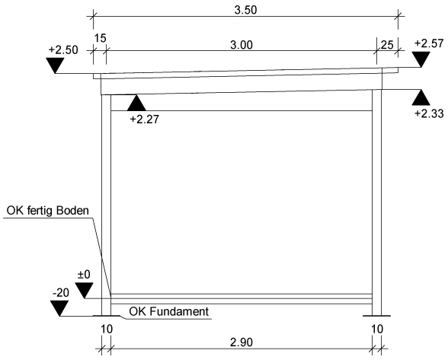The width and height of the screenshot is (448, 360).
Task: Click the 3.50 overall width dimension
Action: [245, 10]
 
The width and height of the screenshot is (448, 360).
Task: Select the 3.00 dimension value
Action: [242, 45]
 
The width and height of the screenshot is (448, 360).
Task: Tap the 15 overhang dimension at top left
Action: [100, 38]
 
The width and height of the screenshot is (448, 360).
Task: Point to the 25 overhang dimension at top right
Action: [387, 45]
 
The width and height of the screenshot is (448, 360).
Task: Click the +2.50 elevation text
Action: [63, 50]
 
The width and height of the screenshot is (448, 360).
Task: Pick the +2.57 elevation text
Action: [429, 43]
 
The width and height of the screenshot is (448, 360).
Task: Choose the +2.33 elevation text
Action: [429, 113]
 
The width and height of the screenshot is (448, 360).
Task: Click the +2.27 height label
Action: [144, 119]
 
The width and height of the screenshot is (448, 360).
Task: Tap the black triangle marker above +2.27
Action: [136, 103]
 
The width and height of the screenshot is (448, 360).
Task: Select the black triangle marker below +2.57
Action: [421, 59]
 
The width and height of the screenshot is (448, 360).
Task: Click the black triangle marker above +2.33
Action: [421, 97]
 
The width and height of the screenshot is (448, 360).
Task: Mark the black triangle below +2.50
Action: [55, 65]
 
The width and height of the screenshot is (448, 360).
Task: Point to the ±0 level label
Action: [84, 275]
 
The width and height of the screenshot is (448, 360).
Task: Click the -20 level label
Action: [61, 293]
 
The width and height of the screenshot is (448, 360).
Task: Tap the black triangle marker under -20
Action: [59, 308]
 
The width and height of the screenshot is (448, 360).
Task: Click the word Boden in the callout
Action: [72, 211]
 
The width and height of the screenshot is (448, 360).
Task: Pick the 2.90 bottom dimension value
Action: [242, 342]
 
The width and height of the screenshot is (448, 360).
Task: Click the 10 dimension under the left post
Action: [107, 330]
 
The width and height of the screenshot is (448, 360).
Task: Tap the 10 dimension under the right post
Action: [377, 330]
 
